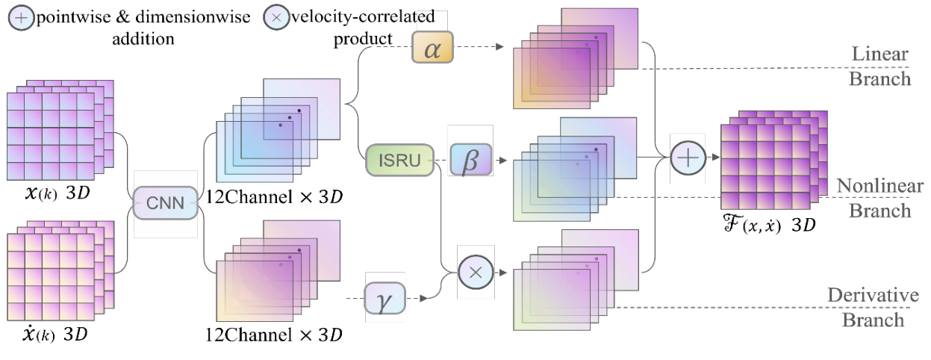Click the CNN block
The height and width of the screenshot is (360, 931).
(x=165, y=202)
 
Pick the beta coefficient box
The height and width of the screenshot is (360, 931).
(x=470, y=161)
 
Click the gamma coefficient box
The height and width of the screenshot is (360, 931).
(x=384, y=298)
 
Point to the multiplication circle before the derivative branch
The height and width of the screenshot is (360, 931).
(x=476, y=273)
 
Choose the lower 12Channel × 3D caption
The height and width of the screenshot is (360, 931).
(x=274, y=334)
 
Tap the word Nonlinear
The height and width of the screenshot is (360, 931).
(x=879, y=186)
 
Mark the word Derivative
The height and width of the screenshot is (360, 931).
(x=872, y=296)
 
